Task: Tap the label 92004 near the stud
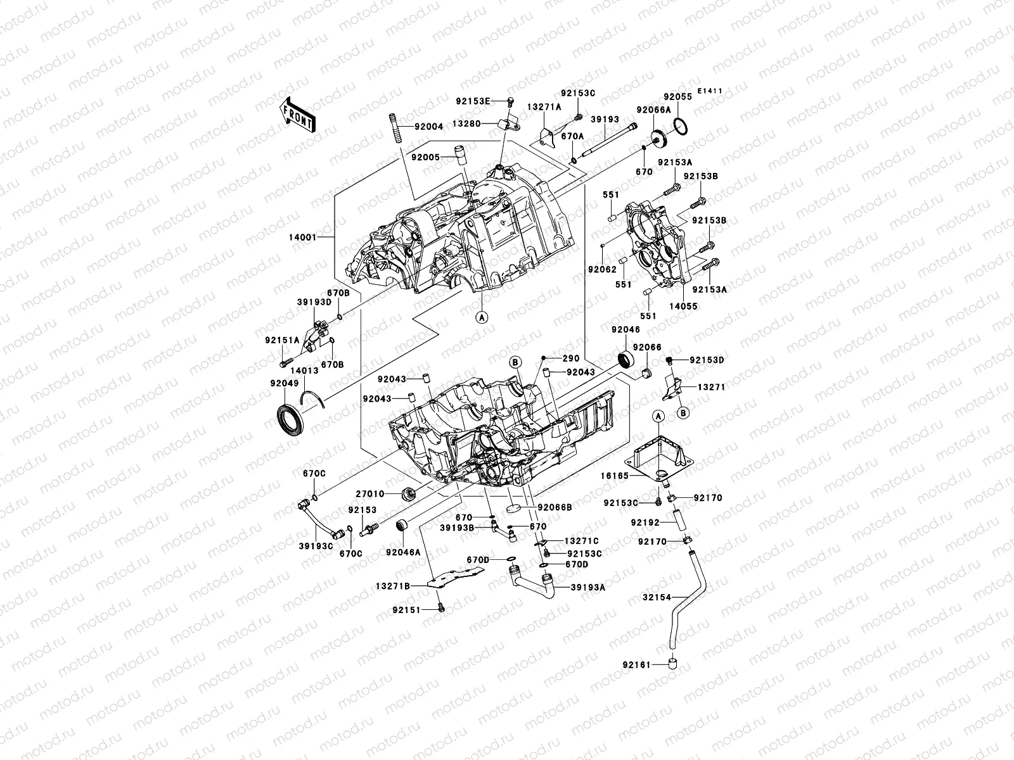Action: tap(429, 127)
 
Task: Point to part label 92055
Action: tap(677, 97)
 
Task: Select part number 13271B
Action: tap(397, 586)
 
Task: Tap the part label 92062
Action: tap(601, 269)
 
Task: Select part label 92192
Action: tap(645, 523)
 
